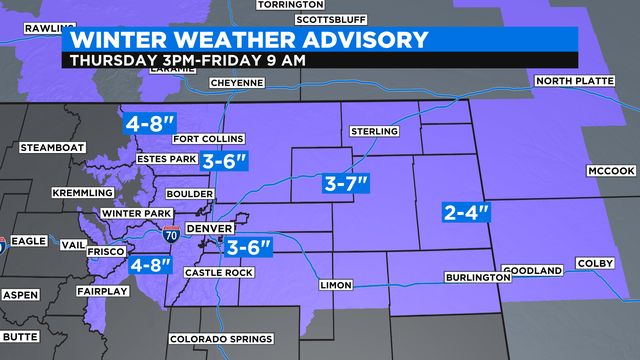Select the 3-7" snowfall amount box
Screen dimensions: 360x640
(x=347, y=183)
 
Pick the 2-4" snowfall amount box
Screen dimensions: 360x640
(x=467, y=211)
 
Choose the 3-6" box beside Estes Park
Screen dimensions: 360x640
(x=224, y=161)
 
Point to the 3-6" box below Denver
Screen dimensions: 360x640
(x=248, y=247)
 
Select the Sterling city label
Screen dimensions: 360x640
(x=374, y=132)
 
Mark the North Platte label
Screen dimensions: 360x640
(x=571, y=81)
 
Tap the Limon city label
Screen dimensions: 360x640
(x=336, y=286)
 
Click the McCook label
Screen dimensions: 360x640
(x=606, y=170)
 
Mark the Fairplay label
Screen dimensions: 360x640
(x=100, y=291)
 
